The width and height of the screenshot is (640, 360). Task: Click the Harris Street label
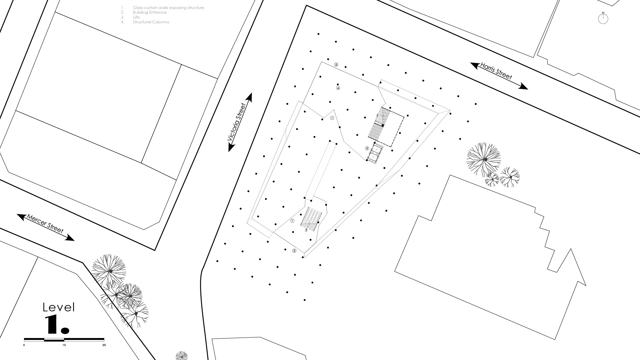tap(496, 71)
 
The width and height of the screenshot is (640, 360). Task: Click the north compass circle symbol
tap(603, 19)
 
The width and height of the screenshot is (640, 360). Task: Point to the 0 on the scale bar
tap(24, 345)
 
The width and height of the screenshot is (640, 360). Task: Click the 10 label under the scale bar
tap(64, 345)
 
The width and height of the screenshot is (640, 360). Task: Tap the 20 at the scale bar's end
tap(104, 345)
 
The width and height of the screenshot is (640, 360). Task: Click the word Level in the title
tap(59, 307)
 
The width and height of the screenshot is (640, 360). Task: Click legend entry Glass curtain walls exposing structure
tap(168, 8)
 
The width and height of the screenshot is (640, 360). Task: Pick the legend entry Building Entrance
tap(149, 12)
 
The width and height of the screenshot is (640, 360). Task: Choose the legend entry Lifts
tap(136, 17)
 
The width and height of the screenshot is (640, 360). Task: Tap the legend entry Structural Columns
tap(151, 22)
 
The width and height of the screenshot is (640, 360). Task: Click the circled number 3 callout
tap(367, 148)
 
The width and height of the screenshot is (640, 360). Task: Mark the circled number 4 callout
tap(338, 88)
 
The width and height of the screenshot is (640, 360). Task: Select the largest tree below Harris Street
tap(484, 160)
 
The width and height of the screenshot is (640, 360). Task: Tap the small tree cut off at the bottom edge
tap(181, 356)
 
